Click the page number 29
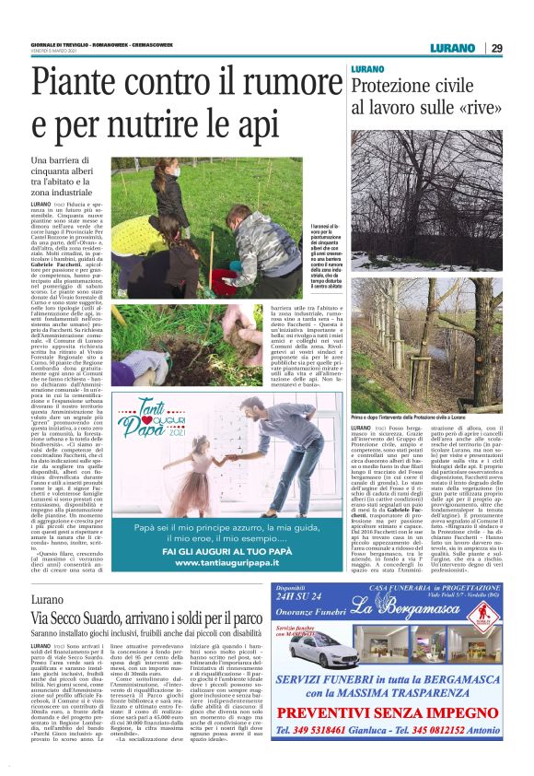(496, 48)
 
